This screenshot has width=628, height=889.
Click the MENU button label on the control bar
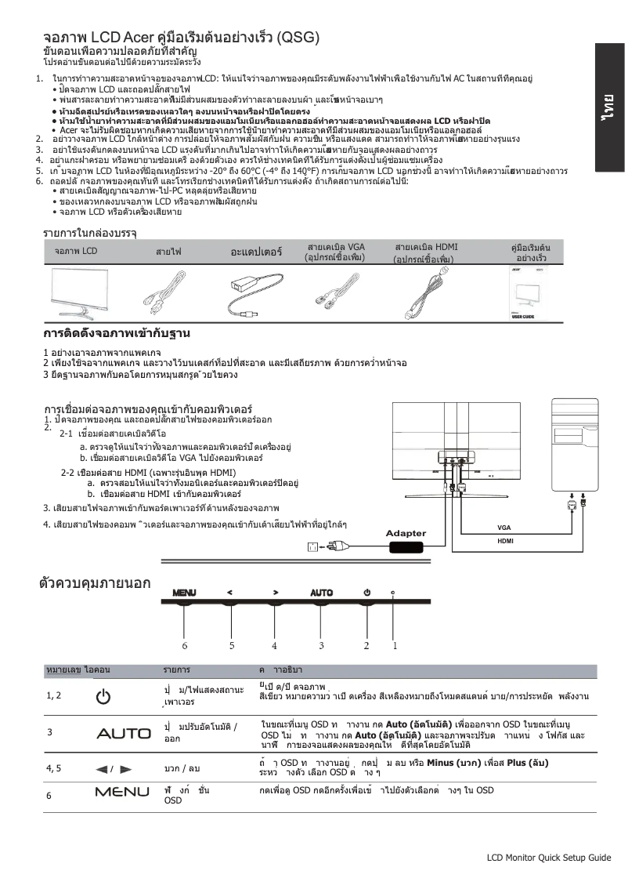(185, 592)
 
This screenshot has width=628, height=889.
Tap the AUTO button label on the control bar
(321, 592)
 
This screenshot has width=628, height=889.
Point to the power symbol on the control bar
(366, 592)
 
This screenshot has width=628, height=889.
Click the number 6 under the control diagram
(185, 646)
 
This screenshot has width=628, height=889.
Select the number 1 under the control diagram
(395, 646)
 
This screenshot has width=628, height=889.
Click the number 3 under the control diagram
(321, 646)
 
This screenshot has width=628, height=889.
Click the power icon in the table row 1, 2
(103, 695)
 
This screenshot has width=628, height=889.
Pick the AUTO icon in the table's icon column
(124, 734)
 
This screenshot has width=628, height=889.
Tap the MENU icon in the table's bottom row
(122, 792)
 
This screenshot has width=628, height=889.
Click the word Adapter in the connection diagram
(406, 534)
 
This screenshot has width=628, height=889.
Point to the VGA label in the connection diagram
(503, 528)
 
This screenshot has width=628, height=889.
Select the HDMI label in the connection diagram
(505, 541)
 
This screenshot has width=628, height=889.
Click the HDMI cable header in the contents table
(426, 252)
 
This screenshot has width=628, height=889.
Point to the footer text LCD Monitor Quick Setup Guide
(548, 858)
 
